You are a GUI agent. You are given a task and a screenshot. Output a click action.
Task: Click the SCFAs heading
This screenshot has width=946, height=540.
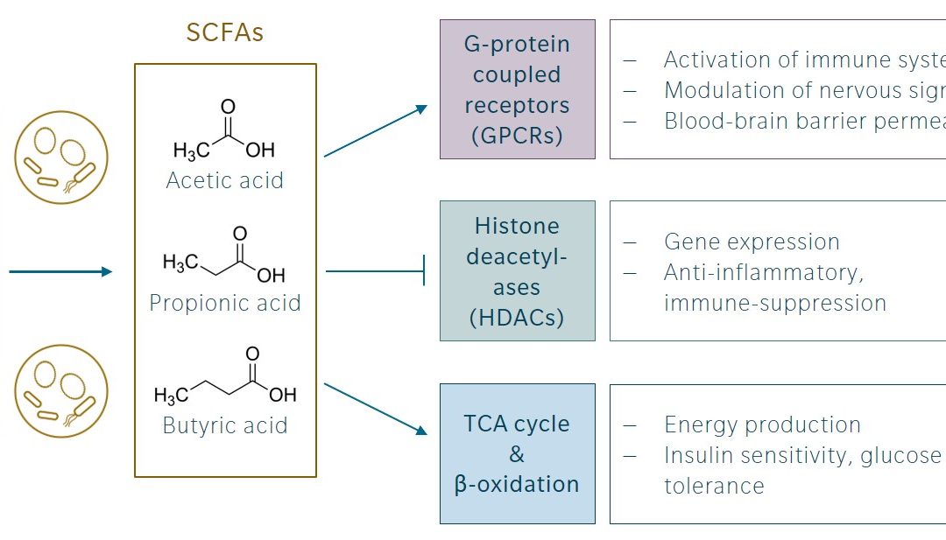tap(225, 33)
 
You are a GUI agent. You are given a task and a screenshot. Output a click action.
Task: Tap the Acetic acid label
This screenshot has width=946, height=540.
tap(225, 181)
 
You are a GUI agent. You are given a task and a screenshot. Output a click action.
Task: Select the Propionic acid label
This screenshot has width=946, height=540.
tap(225, 303)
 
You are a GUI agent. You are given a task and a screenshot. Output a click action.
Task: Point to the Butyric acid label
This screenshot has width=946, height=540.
tap(225, 425)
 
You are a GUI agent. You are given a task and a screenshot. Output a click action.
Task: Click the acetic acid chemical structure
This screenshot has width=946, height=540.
tap(224, 132)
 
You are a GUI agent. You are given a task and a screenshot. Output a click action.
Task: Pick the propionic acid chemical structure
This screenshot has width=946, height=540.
tap(224, 256)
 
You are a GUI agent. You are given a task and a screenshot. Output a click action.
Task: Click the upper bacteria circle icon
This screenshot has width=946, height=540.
tap(60, 158)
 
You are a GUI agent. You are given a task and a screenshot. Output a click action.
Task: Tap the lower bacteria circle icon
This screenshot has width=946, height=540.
tap(60, 391)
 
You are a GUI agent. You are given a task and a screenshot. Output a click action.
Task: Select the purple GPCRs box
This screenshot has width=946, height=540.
tap(517, 89)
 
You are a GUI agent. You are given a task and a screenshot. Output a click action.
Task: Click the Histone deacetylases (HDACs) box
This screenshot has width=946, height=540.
tap(517, 271)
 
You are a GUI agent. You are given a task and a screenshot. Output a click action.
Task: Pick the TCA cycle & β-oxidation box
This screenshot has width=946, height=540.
tap(517, 453)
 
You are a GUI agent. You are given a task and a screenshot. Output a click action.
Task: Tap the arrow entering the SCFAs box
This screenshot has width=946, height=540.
tap(60, 271)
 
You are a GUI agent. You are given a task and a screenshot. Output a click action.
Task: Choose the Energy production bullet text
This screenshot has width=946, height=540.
tap(762, 425)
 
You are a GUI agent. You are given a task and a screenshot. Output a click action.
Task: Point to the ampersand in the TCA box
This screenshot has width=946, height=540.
tap(517, 454)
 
